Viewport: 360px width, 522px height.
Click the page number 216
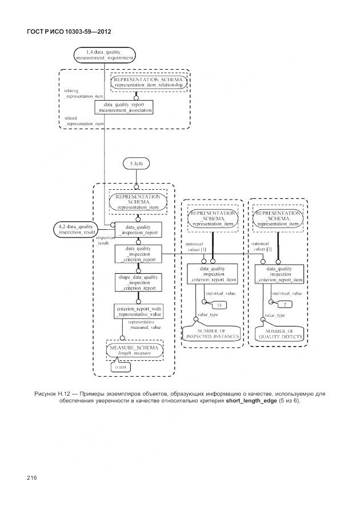31,477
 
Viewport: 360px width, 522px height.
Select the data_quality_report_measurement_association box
123,107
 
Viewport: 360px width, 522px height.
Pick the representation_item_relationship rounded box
149,82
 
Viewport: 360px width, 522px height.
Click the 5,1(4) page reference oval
137,164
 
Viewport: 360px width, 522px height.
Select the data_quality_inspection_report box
137,229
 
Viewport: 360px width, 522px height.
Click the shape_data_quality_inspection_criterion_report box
138,282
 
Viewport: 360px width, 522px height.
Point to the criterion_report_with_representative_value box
138,312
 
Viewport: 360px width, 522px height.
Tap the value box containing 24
219,306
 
